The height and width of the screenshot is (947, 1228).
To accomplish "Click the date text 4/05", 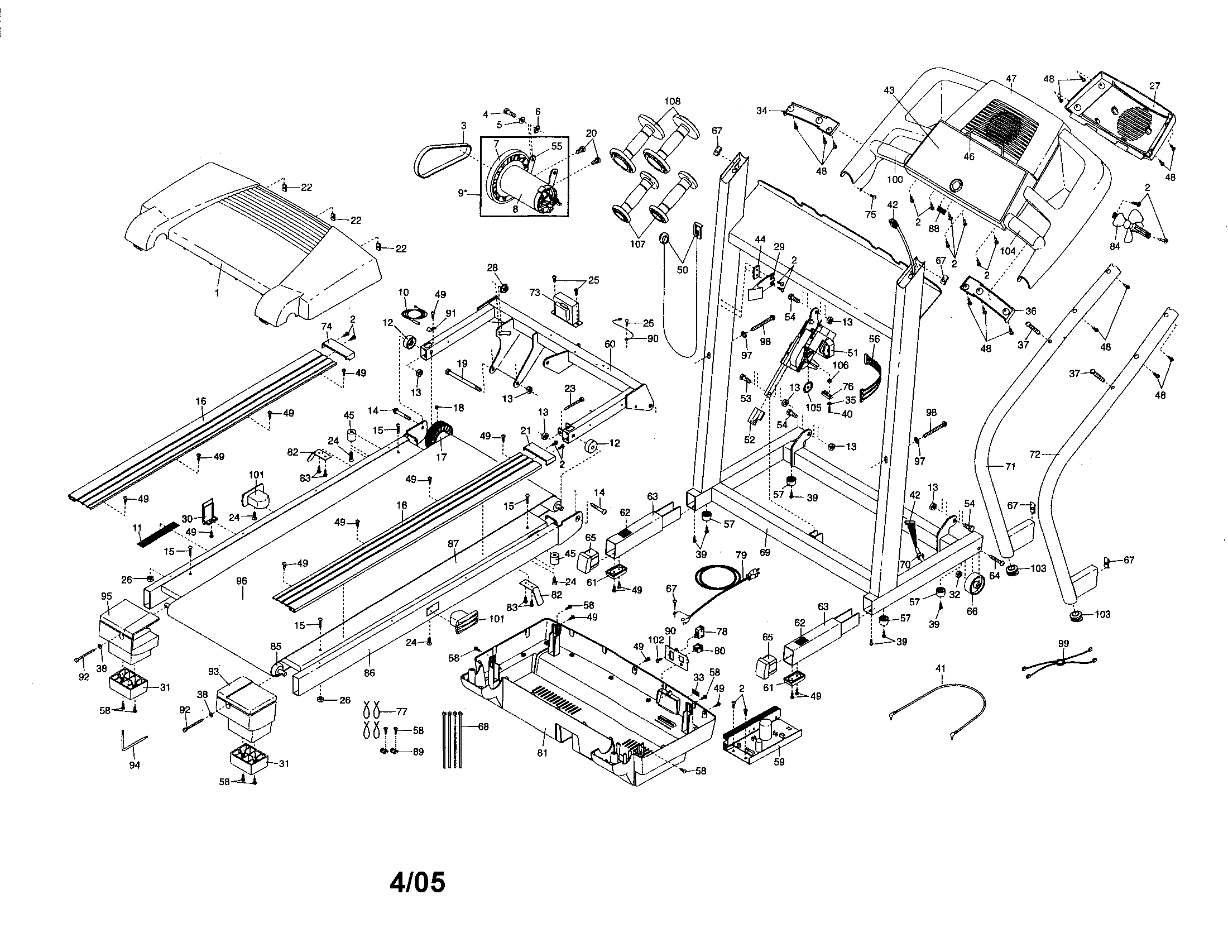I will click(x=417, y=882).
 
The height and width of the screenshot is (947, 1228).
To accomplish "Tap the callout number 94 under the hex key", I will click(x=135, y=765).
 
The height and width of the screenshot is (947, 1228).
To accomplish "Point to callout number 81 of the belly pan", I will click(x=542, y=754).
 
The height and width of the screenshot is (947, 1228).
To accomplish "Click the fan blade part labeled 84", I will click(x=1126, y=226).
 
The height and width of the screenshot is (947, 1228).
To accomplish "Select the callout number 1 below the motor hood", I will click(x=217, y=293).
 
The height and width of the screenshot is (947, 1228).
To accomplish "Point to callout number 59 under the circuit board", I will click(x=779, y=762).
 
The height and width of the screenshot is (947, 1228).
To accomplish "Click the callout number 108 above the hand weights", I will click(x=672, y=101).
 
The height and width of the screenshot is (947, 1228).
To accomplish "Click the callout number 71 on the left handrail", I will click(x=1010, y=466).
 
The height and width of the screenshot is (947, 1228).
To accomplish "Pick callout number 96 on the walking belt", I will click(x=242, y=581).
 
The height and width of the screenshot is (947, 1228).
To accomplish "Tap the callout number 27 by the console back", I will click(x=1154, y=86).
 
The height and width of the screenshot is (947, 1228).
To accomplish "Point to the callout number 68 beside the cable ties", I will click(x=483, y=726).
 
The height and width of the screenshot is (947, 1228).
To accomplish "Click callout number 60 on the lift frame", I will click(x=610, y=343).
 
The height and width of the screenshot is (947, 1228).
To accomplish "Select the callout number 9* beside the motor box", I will click(x=463, y=193).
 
